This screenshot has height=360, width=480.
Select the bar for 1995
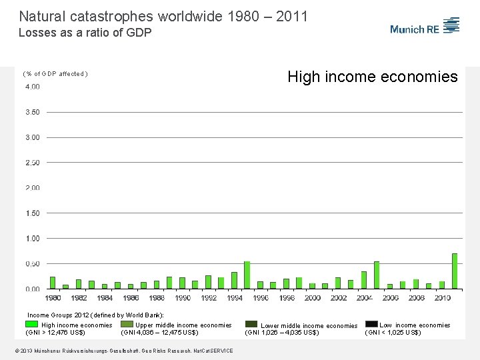(247, 275)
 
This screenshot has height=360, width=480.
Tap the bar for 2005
(377, 275)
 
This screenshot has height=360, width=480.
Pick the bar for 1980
(53, 283)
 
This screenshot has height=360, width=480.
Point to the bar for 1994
(234, 280)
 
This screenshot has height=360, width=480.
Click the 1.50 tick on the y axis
(32, 213)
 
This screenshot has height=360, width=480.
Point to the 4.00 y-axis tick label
(32, 87)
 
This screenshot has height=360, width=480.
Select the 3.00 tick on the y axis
(32, 137)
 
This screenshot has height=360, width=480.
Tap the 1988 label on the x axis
(157, 298)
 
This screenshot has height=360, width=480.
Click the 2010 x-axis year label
(442, 298)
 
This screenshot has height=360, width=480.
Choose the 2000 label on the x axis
(312, 298)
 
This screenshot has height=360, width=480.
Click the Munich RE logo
(425, 27)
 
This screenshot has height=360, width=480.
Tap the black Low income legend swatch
(371, 324)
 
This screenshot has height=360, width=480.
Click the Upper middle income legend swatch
(127, 325)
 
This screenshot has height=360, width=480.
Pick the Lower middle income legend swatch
(251, 324)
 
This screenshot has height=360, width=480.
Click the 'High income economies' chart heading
(373, 77)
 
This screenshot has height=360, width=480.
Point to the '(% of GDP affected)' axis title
(55, 74)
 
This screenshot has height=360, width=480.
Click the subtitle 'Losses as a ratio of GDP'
(85, 32)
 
